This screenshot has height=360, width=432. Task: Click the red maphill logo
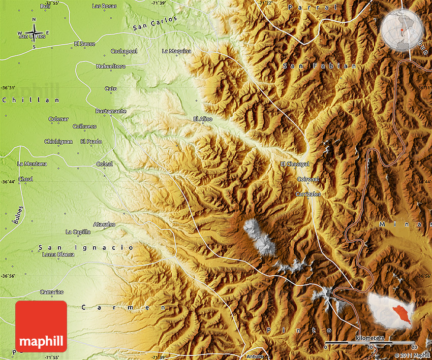(41, 326)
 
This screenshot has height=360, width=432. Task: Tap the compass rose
(34, 34)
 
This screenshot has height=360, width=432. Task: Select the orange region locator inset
(391, 310)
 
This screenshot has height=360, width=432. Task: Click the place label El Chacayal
(295, 164)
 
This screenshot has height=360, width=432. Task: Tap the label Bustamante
(111, 111)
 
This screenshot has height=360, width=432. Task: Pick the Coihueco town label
(84, 126)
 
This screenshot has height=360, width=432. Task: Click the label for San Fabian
(320, 66)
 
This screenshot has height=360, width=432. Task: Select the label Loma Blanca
(58, 254)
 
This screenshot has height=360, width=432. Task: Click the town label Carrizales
(308, 194)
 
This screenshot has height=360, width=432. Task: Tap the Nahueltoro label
(110, 66)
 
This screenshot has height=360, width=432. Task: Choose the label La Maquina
(176, 51)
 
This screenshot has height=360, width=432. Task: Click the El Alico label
(203, 119)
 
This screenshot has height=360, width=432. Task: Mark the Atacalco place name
(104, 224)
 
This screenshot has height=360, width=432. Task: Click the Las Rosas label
(104, 6)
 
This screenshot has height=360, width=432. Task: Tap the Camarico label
(52, 292)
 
